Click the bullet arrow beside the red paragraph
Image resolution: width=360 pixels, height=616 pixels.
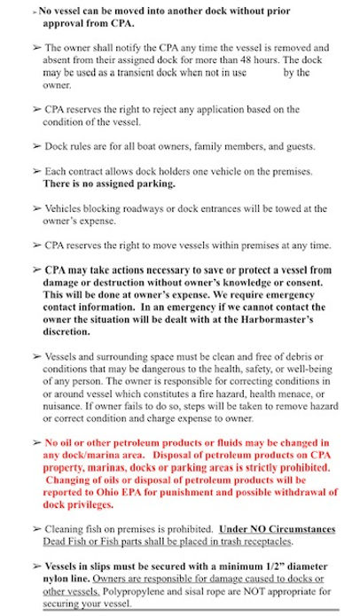(x=35, y=443)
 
